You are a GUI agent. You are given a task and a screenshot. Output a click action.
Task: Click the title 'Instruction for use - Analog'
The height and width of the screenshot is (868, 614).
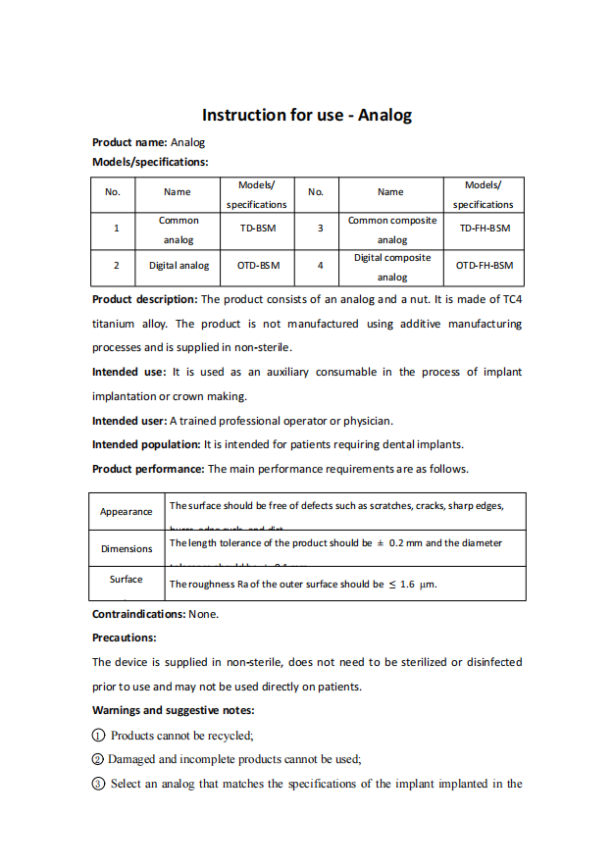307,116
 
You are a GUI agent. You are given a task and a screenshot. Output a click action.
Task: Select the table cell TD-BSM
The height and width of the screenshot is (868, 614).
256,229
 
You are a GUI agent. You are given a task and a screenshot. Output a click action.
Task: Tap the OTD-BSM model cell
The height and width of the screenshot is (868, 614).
258,266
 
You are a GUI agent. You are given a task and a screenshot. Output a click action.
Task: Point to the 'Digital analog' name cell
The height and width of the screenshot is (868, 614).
179,266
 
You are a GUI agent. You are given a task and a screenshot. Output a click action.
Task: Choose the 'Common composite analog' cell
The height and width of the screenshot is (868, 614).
391,230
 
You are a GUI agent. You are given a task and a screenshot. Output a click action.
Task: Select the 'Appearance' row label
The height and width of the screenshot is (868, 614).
127,512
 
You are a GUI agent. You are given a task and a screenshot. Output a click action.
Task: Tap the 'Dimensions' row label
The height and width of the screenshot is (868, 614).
127,549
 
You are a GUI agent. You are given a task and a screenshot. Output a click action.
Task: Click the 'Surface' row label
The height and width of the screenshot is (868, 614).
127,580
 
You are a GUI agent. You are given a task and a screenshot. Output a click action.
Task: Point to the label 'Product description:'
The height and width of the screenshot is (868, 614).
144,299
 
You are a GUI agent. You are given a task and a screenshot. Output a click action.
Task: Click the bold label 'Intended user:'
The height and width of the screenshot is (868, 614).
129,421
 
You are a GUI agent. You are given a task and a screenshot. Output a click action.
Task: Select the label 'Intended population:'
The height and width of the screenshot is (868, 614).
146,444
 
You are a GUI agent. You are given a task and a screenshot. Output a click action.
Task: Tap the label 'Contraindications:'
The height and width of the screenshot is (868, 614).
138,614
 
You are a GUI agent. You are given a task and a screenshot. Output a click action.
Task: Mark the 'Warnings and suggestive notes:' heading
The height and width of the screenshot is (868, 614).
173,710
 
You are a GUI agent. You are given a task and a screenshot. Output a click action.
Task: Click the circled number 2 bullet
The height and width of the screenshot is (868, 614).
98,759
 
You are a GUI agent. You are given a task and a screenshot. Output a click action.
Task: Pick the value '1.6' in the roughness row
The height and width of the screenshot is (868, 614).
408,585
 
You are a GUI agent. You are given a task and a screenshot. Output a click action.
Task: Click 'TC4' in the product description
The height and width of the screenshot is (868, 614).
512,299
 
